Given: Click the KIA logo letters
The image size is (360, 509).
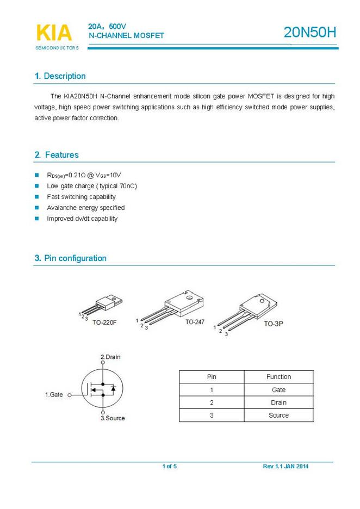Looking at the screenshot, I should click(53, 33).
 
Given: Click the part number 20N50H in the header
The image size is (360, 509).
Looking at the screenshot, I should click(310, 33).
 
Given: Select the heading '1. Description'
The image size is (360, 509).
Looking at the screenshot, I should click(60, 76).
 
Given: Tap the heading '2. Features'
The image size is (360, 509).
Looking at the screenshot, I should click(57, 155).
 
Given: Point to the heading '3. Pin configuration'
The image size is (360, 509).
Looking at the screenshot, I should click(71, 258).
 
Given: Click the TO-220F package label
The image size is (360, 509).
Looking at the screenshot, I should click(104, 322).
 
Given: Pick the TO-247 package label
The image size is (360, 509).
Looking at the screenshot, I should click(195, 322).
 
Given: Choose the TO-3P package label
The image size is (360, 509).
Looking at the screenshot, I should click(274, 324).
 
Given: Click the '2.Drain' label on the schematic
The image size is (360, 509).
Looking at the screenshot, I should click(110, 357).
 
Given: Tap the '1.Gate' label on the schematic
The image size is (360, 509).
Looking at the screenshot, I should click(54, 395).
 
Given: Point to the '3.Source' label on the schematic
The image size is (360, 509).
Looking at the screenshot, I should click(113, 418).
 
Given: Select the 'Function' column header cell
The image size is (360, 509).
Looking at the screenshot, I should click(278, 377).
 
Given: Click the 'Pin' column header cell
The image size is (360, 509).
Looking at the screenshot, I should click(212, 377).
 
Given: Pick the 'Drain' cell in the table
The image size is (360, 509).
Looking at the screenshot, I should click(278, 402).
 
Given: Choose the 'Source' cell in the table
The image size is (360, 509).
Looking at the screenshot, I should click(278, 415).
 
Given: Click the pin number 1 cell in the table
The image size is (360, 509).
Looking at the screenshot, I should click(212, 390).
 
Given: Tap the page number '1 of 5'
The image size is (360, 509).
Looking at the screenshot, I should click(170, 467).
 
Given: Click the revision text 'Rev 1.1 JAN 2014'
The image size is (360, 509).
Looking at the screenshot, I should click(285, 467).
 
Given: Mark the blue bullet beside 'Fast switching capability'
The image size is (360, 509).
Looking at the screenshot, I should click(37, 197).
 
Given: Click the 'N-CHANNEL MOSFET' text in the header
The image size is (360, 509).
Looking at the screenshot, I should click(126, 35).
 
